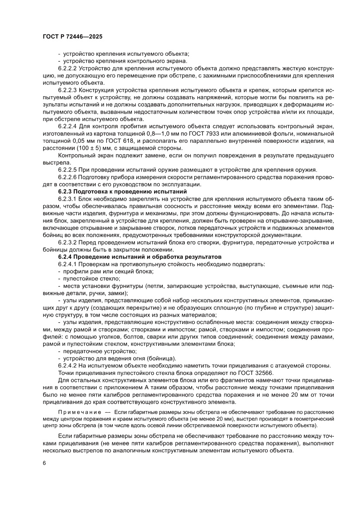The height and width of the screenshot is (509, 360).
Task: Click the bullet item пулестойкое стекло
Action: [92, 279]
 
